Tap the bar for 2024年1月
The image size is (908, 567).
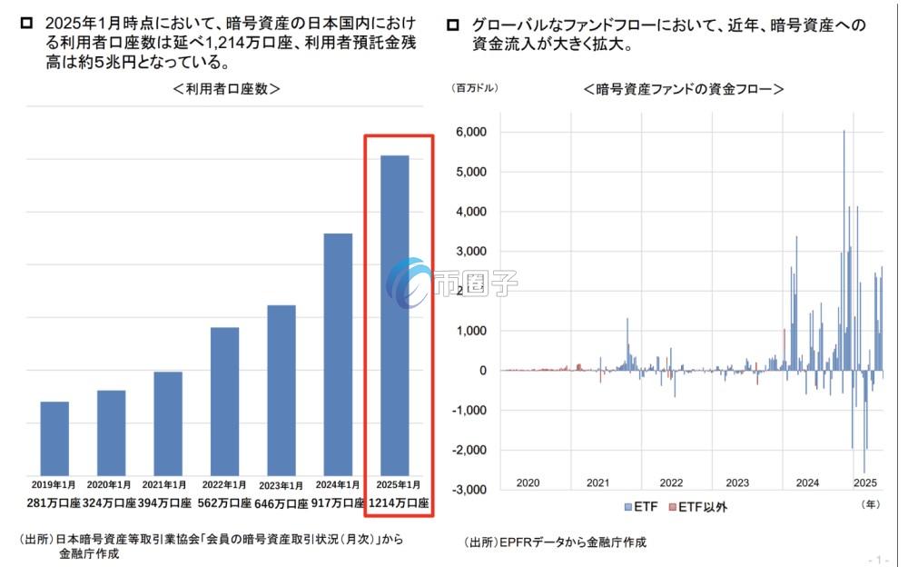point(338,354)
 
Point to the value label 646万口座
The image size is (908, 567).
point(281,503)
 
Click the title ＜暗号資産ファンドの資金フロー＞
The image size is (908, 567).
point(684,89)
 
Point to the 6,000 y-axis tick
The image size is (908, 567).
point(471,132)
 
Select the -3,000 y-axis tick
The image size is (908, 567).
point(469,490)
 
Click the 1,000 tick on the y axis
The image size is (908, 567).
point(471,331)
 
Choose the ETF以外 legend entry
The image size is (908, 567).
point(697,506)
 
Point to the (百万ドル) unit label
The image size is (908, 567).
point(475,88)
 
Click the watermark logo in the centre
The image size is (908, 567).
point(409,282)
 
